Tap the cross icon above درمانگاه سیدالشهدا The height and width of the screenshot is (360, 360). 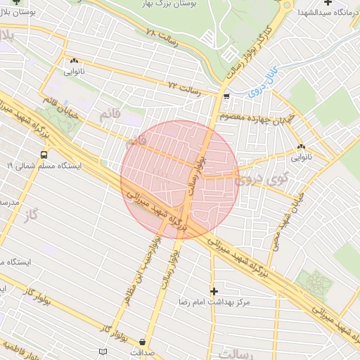coord(327,3)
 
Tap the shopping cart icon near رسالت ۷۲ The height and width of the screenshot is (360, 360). coord(226,96)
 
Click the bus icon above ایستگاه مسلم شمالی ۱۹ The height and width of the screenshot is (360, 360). coord(44,154)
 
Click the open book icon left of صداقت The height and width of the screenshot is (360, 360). coord(104,350)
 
